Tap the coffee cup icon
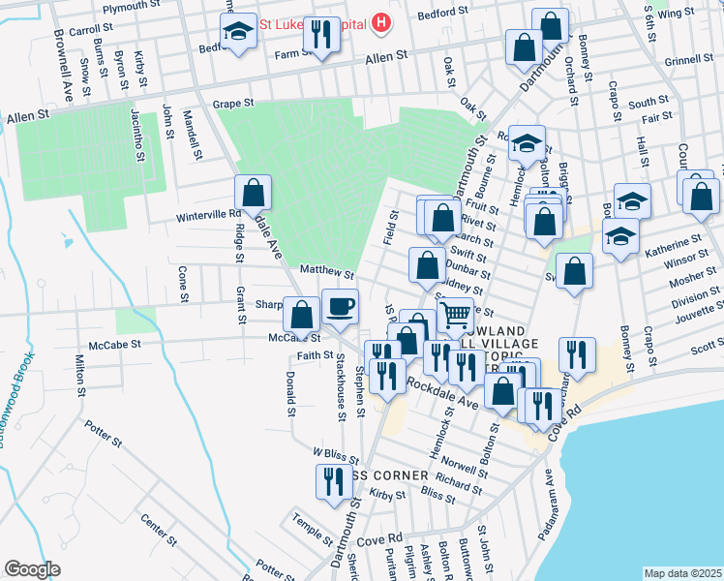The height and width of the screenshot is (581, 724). tap(339, 307)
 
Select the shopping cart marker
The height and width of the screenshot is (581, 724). tap(455, 314)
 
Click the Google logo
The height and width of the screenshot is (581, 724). tap(32, 569)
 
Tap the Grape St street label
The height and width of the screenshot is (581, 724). tap(232, 102)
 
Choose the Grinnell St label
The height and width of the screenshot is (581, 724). tap(688, 60)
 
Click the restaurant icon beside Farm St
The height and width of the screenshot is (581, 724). tap(318, 36)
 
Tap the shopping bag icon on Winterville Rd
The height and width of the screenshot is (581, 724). tap(253, 193)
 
